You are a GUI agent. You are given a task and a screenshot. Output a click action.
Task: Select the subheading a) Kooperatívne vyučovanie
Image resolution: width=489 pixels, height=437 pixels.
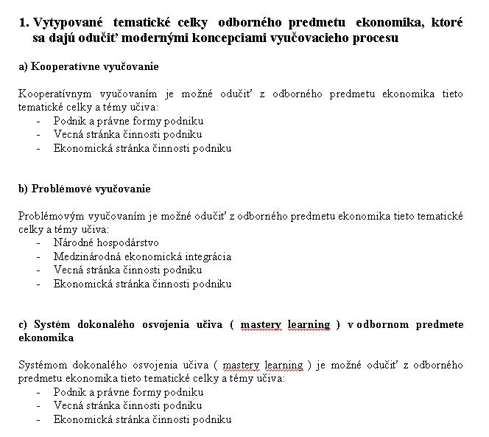[x=88, y=66]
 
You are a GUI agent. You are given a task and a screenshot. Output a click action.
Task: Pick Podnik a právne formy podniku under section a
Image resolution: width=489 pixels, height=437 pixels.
[x=128, y=120]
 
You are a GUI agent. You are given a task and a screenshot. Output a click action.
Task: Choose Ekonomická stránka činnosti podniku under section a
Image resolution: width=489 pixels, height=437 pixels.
[x=142, y=147]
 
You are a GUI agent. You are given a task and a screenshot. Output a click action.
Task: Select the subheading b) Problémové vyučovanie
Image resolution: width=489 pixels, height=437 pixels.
[x=84, y=188]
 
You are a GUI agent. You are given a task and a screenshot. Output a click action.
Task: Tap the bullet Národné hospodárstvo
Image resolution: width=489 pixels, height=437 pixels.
[x=106, y=242]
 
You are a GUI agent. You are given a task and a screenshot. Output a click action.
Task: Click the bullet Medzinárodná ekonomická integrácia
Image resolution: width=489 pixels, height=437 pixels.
[x=142, y=256]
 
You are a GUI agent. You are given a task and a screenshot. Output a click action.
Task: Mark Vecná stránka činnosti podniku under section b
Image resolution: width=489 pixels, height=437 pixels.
[x=127, y=270]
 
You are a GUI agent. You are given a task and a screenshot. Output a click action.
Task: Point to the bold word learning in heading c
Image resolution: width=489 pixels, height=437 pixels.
[x=308, y=324]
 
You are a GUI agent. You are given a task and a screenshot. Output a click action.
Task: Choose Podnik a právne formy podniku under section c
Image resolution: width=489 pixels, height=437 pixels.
[x=128, y=392]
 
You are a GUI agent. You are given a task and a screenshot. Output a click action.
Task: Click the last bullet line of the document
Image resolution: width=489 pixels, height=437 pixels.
[x=142, y=419]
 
